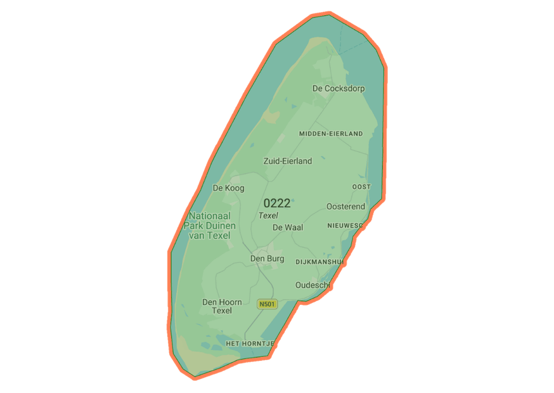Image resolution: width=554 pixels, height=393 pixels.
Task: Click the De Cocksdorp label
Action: click(x=338, y=89)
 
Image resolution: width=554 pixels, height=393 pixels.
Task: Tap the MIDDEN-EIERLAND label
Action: click(x=331, y=134)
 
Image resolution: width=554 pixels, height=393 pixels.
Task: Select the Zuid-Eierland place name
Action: click(x=288, y=161)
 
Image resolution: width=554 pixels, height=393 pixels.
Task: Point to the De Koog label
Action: click(x=228, y=188)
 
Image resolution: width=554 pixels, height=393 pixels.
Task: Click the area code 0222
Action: click(x=277, y=203)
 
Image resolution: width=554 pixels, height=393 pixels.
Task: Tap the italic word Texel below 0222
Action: click(x=268, y=216)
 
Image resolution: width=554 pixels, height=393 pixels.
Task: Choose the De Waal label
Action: click(x=288, y=228)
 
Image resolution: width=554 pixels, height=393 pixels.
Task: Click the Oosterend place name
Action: click(x=345, y=207)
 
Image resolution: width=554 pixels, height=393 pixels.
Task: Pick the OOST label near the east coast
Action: click(x=361, y=187)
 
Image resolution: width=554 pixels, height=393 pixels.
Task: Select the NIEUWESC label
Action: click(x=345, y=226)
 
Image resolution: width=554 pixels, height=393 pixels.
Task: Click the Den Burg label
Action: click(x=267, y=259)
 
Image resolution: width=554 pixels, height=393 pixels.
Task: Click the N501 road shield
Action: click(x=267, y=304)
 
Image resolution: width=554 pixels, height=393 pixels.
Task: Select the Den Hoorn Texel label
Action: click(x=222, y=306)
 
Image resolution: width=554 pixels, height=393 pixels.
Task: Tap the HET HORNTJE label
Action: click(x=250, y=343)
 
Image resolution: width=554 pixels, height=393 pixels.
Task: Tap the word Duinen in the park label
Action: click(x=219, y=226)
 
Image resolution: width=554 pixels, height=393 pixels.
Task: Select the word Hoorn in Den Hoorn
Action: click(x=230, y=302)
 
